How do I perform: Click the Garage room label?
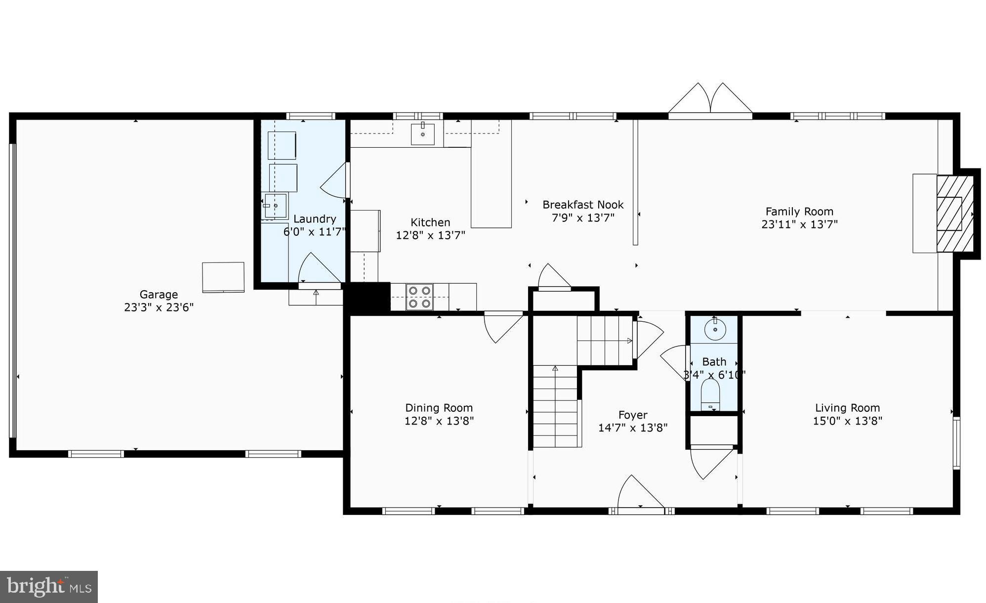point(158,295)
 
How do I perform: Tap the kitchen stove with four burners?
point(419,297)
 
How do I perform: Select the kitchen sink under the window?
point(423,134)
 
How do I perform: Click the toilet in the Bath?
point(710,395)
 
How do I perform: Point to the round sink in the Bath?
point(714,329)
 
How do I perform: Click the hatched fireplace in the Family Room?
point(954,214)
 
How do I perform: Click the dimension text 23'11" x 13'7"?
point(799,224)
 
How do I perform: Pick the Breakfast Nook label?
point(583,205)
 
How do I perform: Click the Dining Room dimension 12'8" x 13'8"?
point(439,421)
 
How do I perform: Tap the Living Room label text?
point(847,408)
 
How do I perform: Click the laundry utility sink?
point(275,206)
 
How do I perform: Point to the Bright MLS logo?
point(49,587)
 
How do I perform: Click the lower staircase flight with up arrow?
point(555,406)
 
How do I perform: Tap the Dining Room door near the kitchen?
point(503,326)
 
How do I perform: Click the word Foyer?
point(632,415)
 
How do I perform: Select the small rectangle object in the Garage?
point(223,277)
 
